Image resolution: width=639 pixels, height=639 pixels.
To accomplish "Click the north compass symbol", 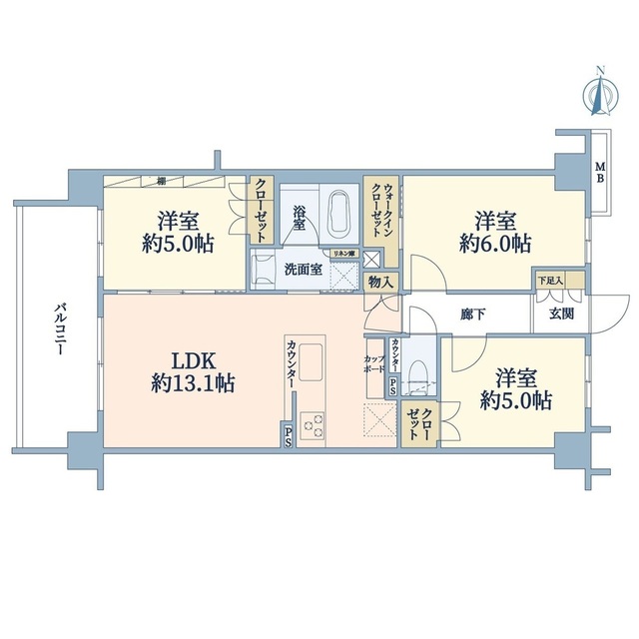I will click(x=599, y=92).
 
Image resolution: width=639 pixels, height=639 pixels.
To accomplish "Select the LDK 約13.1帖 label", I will click(x=193, y=370).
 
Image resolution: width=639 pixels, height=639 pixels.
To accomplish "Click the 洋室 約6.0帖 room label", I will click(x=496, y=231).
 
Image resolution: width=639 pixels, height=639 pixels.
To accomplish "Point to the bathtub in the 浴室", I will click(x=338, y=212).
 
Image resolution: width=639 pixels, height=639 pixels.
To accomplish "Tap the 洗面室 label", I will click(x=303, y=269).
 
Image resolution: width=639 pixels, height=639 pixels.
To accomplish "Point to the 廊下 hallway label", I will click(x=473, y=313).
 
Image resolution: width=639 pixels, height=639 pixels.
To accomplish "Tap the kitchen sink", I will click(x=311, y=356).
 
